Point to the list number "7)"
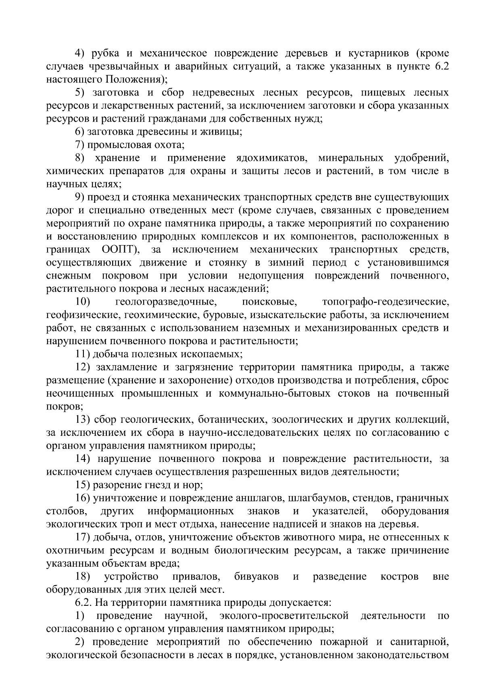click(81, 145)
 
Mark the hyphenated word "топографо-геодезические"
click(386, 302)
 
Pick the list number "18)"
click(83, 577)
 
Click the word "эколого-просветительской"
click(284, 616)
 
